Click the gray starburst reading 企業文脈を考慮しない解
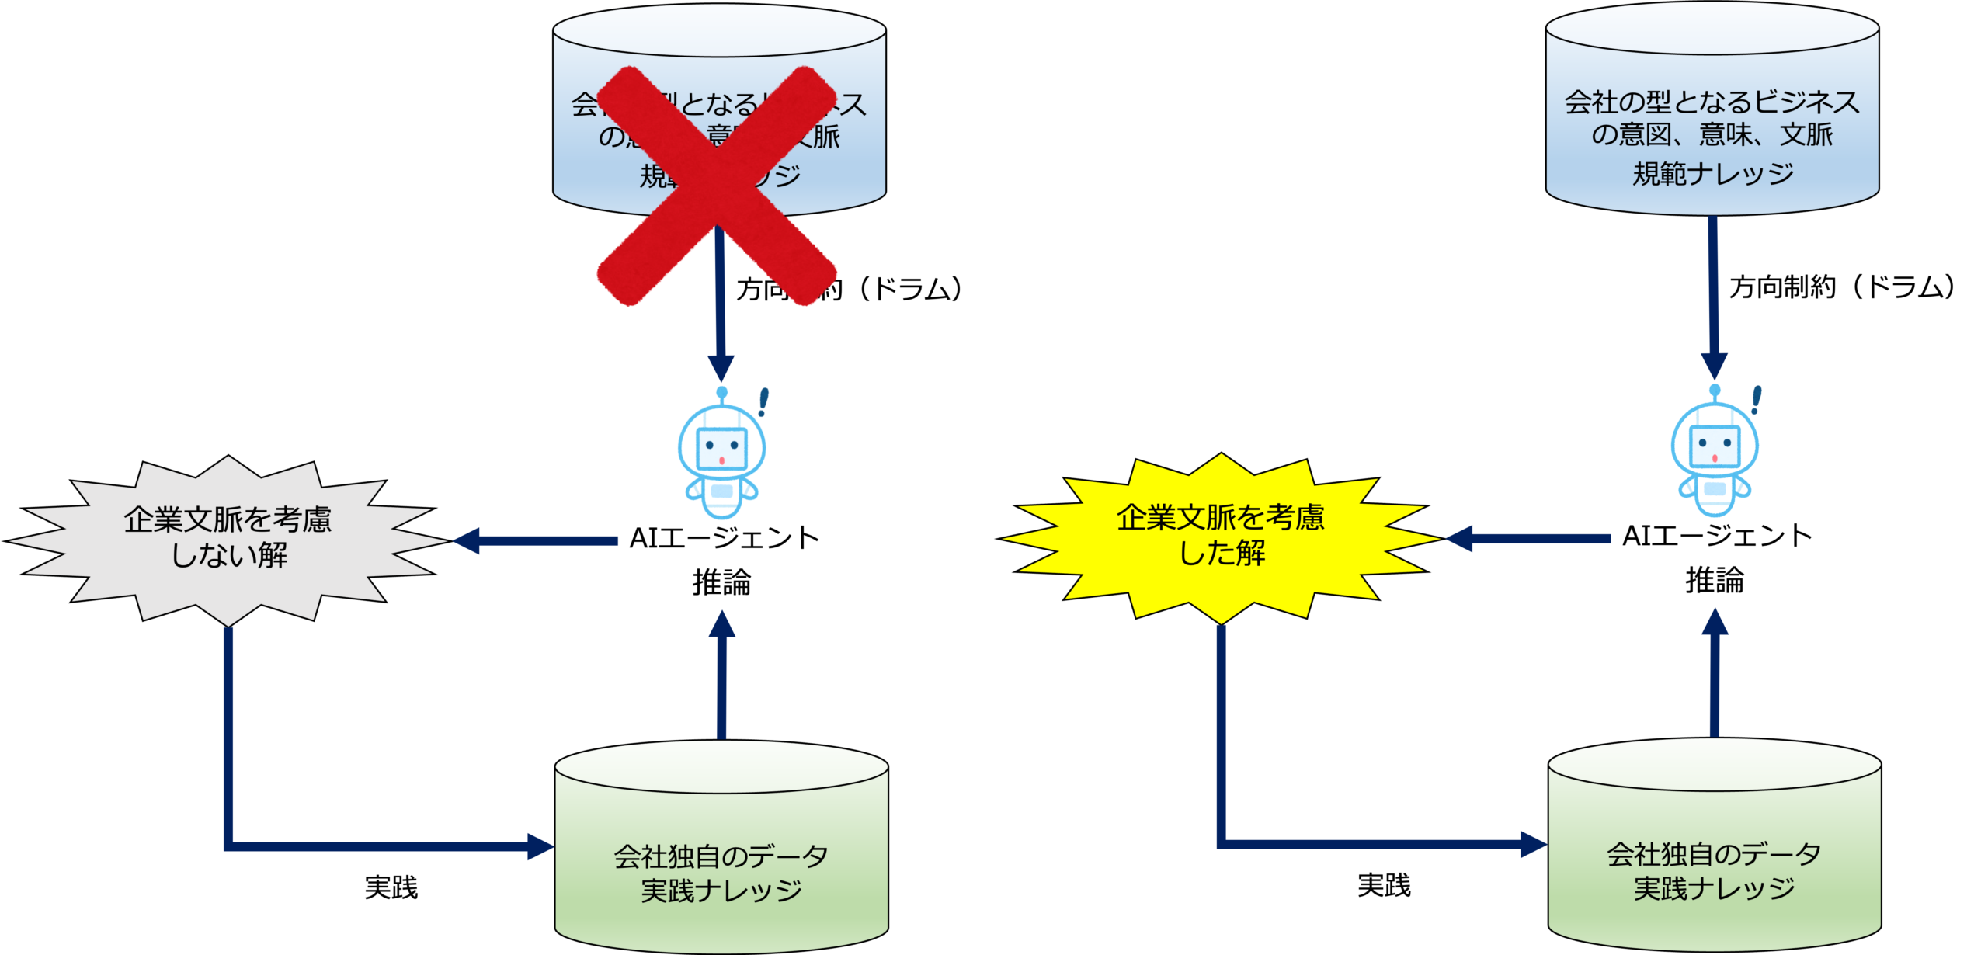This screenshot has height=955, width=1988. click(x=228, y=540)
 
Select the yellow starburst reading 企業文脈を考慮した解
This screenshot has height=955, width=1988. click(x=1221, y=537)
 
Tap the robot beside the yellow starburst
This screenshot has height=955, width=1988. click(x=1715, y=458)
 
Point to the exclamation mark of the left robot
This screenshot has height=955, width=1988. click(x=763, y=402)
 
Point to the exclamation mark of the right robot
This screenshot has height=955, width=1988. click(x=1757, y=400)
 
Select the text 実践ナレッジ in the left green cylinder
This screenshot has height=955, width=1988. click(x=721, y=891)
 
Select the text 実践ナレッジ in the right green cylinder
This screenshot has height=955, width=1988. click(x=1715, y=888)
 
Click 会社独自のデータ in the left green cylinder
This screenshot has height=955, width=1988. click(x=721, y=856)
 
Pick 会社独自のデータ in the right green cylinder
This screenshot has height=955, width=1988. click(x=1715, y=854)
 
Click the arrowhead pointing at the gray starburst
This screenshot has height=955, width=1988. click(x=466, y=540)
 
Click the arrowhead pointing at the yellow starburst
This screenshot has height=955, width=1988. click(x=1458, y=538)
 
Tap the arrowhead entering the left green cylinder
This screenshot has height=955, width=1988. click(x=540, y=846)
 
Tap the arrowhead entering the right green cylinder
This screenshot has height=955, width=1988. click(x=1533, y=844)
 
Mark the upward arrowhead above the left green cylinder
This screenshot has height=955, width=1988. click(x=722, y=624)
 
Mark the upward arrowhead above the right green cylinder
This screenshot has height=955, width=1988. click(x=1715, y=621)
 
